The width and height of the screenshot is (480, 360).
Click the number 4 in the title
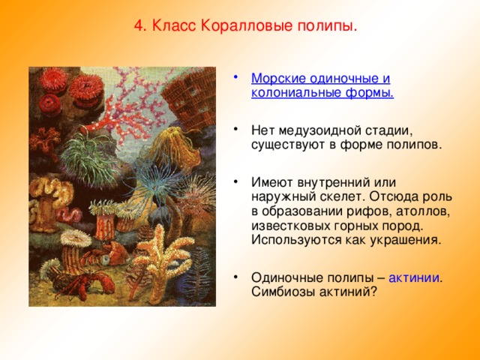pos(139,26)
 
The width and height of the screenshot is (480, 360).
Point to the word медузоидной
pos(322,131)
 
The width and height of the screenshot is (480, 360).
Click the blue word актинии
pos(414,278)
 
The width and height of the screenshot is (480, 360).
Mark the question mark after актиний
pos(372,292)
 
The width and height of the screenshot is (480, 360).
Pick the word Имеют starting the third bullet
pos(271,183)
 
